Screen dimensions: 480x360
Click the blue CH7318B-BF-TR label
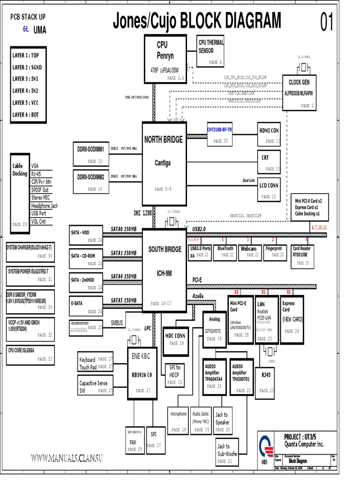click(x=220, y=129)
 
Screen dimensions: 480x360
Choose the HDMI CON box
click(x=269, y=134)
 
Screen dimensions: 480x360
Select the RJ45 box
click(x=265, y=380)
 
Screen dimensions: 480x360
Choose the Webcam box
click(x=249, y=252)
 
